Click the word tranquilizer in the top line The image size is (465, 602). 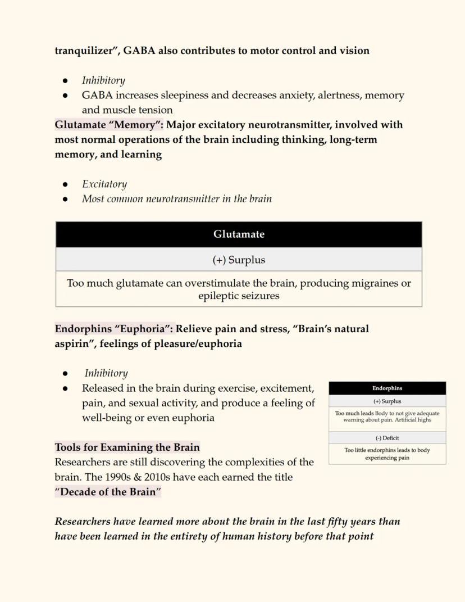click(84, 51)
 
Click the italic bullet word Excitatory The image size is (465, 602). click(104, 184)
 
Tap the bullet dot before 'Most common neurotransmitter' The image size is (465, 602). click(66, 199)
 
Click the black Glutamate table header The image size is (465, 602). click(239, 234)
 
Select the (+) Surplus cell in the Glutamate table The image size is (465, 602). click(239, 260)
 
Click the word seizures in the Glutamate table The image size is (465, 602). click(259, 296)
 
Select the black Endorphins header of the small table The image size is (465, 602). click(387, 388)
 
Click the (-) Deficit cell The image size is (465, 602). click(387, 438)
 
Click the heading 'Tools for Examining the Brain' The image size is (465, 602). click(127, 447)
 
